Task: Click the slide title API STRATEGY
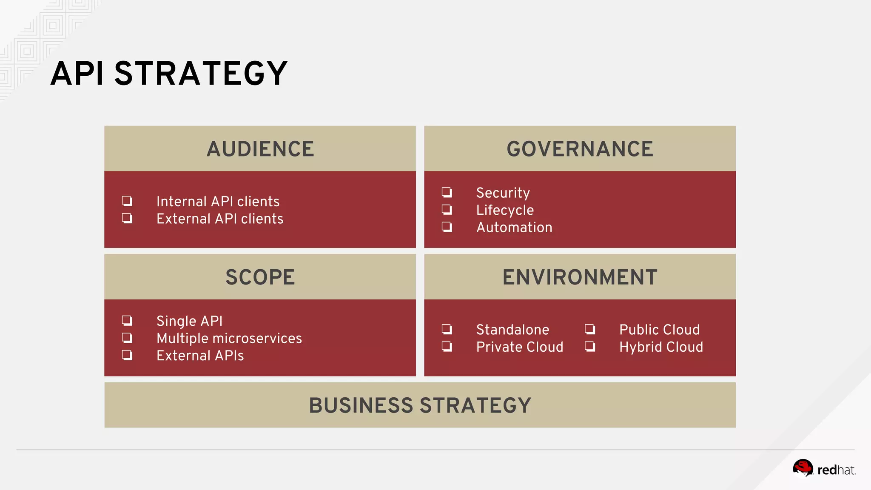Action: coord(169,74)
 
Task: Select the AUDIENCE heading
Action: coord(260,149)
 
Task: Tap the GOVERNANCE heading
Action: coord(580,149)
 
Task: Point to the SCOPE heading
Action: coord(260,277)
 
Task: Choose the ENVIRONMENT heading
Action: coord(580,277)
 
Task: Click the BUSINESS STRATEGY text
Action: coord(420,405)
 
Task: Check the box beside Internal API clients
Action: coord(127,201)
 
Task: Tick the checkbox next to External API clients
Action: coord(127,218)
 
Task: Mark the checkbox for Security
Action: coord(447,192)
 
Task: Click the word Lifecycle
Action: coord(505,210)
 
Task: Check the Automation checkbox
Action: coord(447,227)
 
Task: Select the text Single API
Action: coord(189,321)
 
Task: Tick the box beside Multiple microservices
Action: coord(127,338)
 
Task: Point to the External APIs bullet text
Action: coord(200,356)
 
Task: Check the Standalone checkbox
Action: coord(447,329)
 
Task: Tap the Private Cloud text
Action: coord(519,347)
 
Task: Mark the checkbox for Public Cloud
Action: coord(590,329)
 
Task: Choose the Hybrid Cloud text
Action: coord(661,347)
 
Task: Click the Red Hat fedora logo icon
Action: coord(803,468)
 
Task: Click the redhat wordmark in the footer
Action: coord(836,470)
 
